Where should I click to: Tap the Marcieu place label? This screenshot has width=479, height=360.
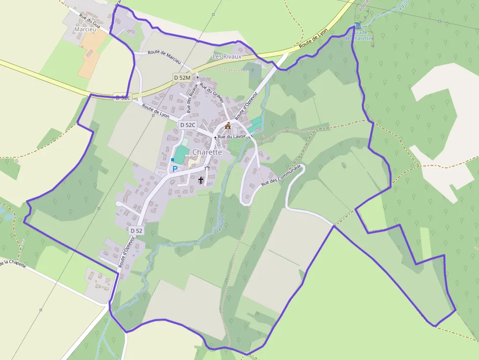point(84,29)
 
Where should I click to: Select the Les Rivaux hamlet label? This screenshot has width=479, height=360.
point(227,57)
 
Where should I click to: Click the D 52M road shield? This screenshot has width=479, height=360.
point(182,78)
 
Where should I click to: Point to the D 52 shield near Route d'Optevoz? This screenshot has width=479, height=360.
point(136,230)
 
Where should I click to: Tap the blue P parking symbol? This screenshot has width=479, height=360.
point(174,169)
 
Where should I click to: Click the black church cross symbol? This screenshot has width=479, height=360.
point(201,180)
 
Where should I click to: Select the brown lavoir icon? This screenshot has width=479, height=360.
point(228,126)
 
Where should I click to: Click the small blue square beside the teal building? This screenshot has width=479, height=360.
point(173,160)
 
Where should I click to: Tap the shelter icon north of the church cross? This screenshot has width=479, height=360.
point(207,169)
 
